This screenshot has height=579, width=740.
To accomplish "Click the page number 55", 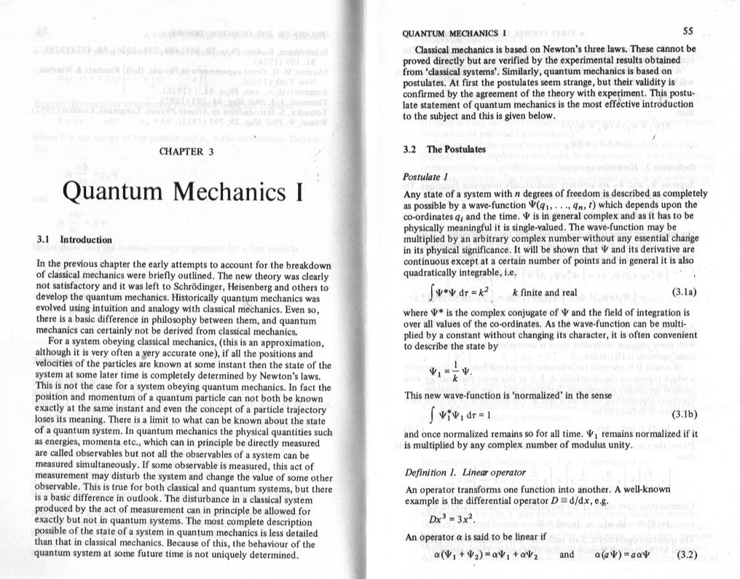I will pyautogui.click(x=689, y=31).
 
